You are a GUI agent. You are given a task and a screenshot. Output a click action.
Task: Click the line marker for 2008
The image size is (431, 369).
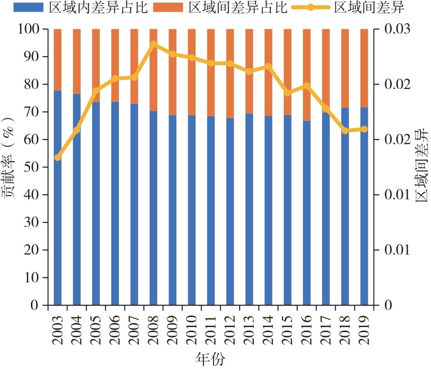pos(154,44)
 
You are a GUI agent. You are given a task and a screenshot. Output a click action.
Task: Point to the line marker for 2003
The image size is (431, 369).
pos(57,157)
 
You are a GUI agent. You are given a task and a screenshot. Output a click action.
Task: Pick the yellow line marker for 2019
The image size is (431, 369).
pos(364,129)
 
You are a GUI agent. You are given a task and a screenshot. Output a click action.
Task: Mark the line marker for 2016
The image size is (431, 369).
pos(307,85)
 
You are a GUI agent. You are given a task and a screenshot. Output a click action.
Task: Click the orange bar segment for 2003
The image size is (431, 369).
pos(57,60)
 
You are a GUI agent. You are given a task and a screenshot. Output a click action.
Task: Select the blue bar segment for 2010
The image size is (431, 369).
pos(192,210)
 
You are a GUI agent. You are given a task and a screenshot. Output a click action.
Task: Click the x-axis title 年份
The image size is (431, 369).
pos(210,359)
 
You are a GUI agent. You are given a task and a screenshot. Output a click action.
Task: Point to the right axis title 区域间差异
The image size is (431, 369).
pos(421,166)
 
